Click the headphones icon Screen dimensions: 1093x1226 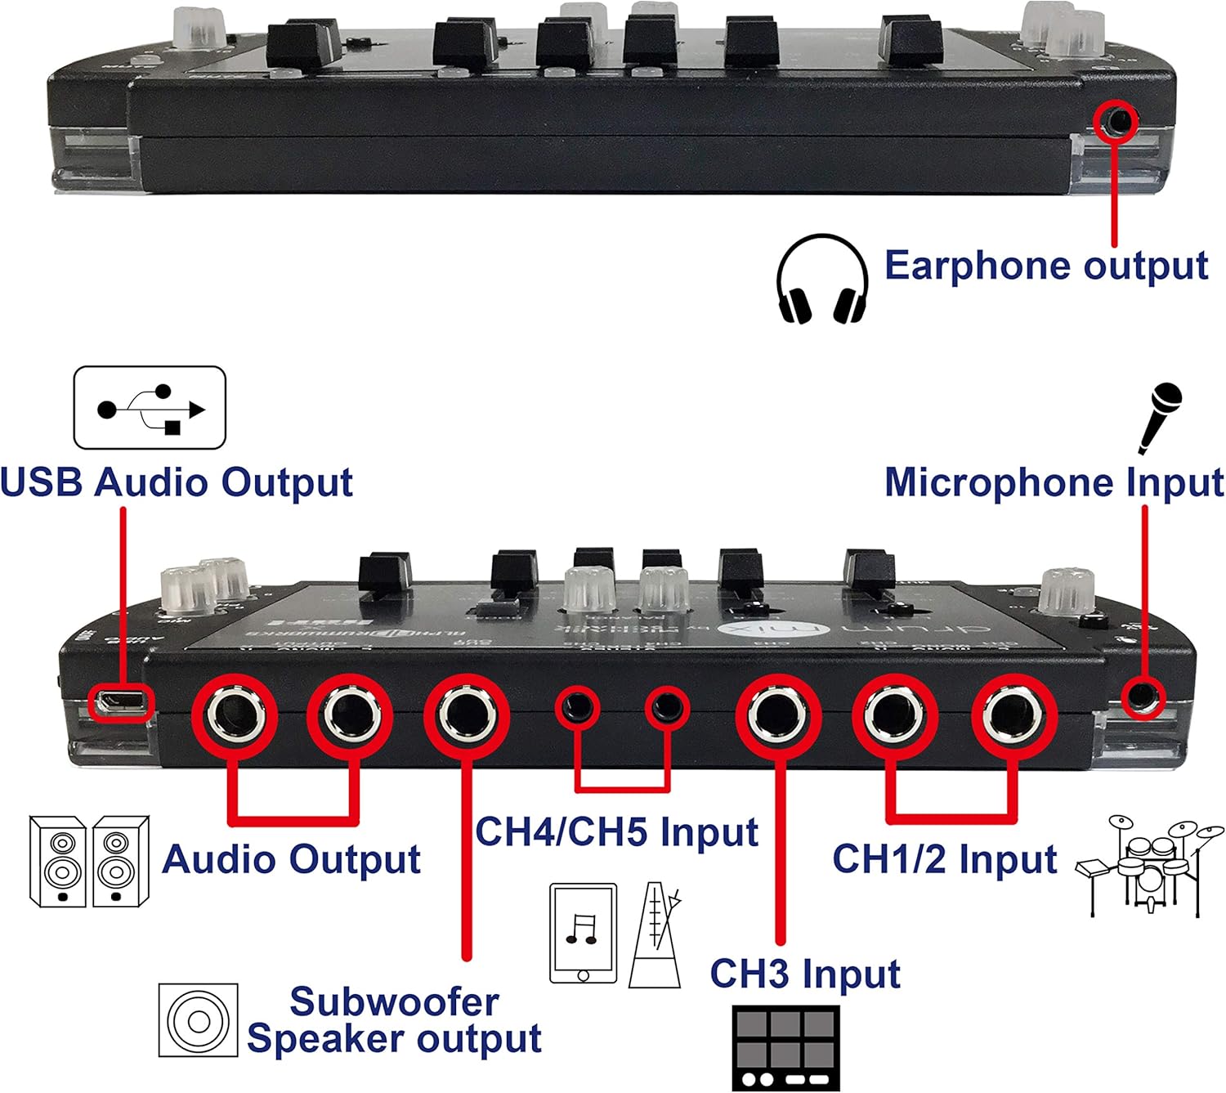click(821, 280)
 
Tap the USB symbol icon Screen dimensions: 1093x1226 click(150, 408)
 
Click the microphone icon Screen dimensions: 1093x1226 click(1160, 416)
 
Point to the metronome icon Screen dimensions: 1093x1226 click(656, 934)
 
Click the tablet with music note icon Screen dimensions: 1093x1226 click(583, 933)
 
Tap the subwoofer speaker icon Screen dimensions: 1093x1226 click(198, 1020)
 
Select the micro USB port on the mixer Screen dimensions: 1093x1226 click(119, 701)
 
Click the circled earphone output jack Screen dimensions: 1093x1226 click(1116, 122)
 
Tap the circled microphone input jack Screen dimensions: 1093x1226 click(1142, 697)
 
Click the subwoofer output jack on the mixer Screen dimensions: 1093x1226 click(466, 716)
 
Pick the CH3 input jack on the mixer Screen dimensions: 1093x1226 click(777, 716)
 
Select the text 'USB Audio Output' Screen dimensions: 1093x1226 click(177, 482)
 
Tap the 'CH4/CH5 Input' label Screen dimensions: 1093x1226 click(616, 832)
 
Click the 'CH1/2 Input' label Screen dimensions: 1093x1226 click(944, 859)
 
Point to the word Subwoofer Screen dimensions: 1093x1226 click(394, 1001)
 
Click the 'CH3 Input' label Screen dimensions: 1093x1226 click(804, 974)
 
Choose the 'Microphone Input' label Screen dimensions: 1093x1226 click(1054, 482)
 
